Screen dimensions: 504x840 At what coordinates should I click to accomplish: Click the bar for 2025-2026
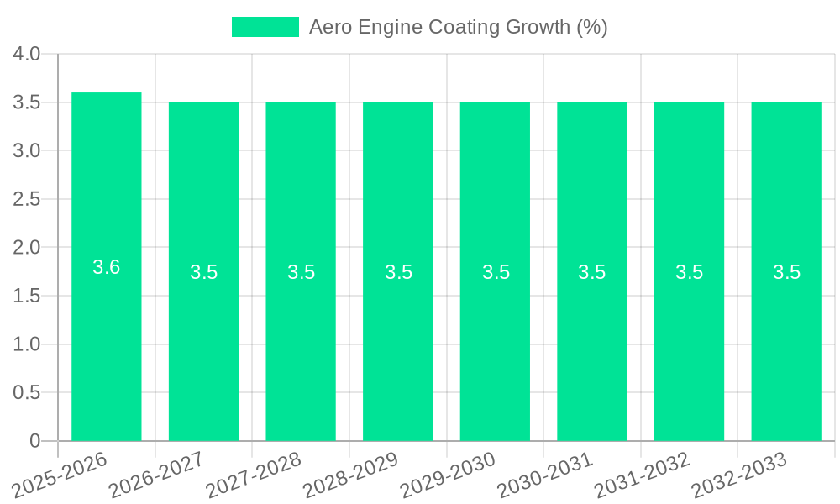point(107,336)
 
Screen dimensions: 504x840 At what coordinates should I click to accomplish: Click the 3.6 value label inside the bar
point(107,267)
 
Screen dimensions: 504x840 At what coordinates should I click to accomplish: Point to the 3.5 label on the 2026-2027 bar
point(204,272)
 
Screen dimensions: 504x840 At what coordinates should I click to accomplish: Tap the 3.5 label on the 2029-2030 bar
point(496,272)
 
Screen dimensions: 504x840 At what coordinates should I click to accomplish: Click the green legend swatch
point(265,27)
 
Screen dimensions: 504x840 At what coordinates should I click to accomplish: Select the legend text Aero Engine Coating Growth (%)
point(458,27)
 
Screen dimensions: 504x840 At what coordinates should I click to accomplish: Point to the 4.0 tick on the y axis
point(27,55)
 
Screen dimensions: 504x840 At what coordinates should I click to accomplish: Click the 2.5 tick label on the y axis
point(27,199)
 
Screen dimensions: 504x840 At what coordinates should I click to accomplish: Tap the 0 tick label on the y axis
point(34,441)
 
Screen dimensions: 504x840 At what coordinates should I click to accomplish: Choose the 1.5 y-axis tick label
point(27,296)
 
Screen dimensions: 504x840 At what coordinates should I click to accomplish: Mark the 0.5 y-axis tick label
point(27,393)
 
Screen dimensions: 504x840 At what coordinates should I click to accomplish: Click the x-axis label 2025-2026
point(60,474)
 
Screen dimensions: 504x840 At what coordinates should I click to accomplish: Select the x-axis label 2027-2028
point(254,474)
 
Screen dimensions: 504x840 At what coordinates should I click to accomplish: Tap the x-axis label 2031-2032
point(643,474)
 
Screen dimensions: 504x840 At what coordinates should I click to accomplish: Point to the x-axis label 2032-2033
point(739,474)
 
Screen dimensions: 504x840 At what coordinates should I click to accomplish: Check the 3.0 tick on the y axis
point(27,151)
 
